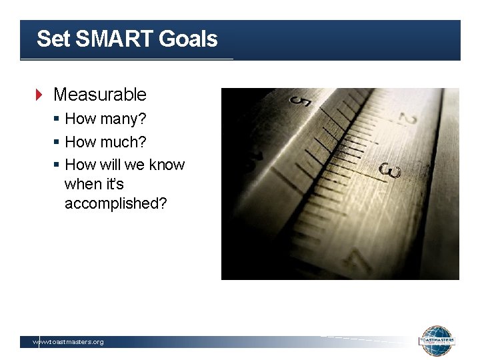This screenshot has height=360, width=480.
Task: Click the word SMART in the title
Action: [x=114, y=39]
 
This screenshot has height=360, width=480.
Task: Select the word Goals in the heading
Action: [x=188, y=39]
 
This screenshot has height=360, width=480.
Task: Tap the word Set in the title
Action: [x=53, y=39]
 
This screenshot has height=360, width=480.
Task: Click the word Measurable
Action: [x=99, y=95]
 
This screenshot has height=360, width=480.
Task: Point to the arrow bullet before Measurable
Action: [x=39, y=95]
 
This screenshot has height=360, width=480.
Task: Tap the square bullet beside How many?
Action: [x=57, y=120]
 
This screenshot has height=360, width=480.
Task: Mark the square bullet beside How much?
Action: [x=57, y=143]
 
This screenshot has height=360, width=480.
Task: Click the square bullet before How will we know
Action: [x=57, y=165]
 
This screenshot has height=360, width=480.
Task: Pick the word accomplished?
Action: [x=116, y=203]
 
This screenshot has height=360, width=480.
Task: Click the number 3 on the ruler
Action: [x=390, y=171]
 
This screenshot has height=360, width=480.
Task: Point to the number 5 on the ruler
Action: [x=301, y=103]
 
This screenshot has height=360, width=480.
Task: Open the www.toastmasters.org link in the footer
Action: [x=69, y=342]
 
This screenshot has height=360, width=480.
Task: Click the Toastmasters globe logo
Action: [x=437, y=341]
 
